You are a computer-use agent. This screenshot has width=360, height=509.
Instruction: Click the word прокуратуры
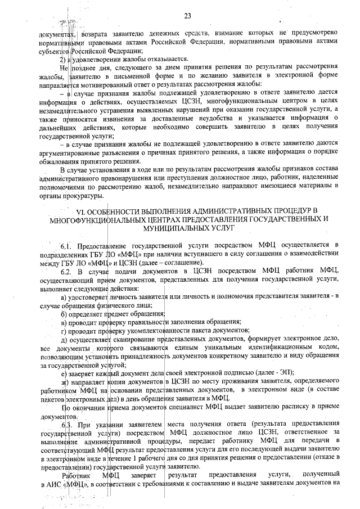[x=84, y=196]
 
